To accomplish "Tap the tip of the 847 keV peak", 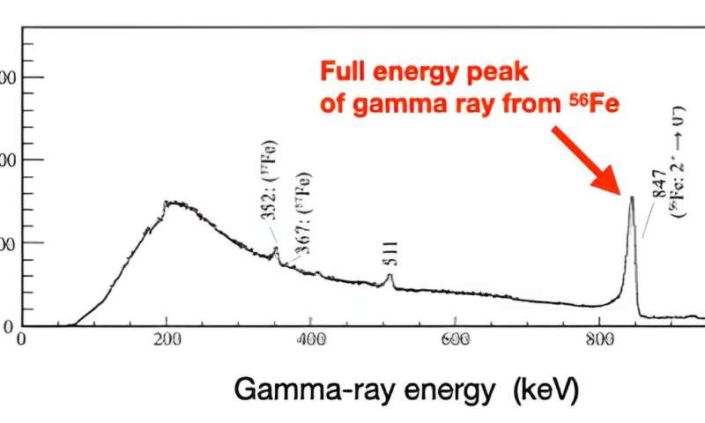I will click(x=631, y=197).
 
